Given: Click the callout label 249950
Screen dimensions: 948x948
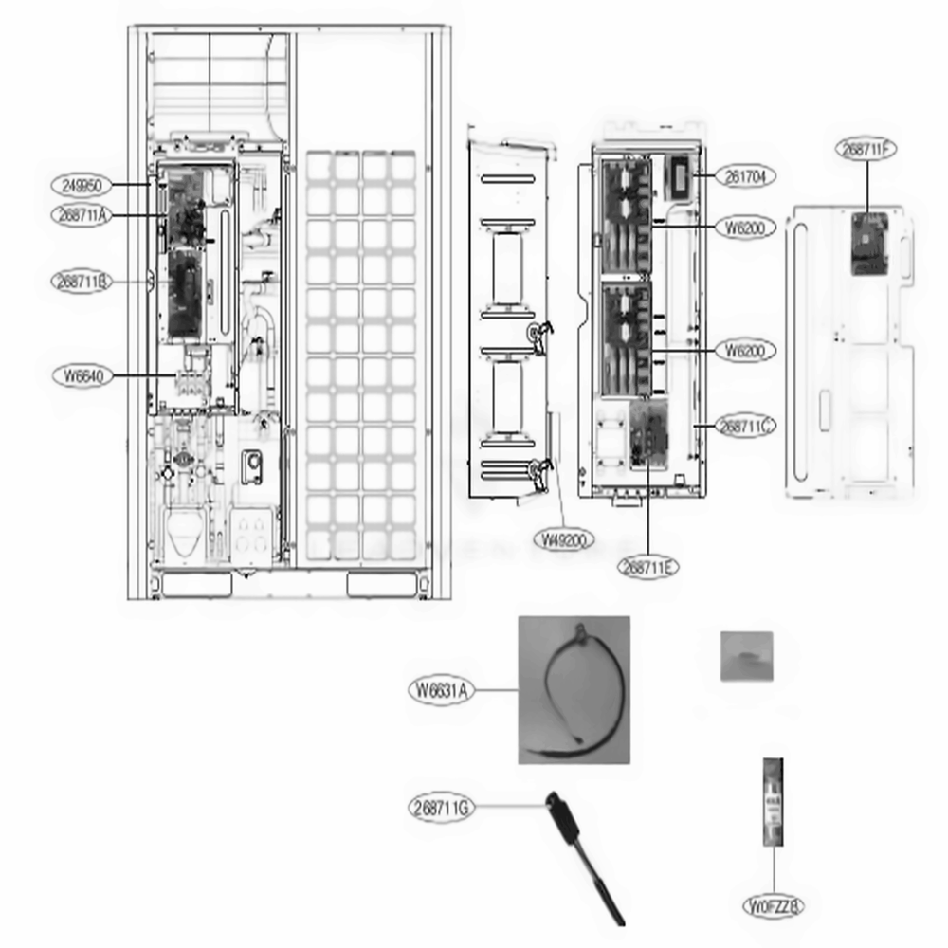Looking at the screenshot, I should pyautogui.click(x=82, y=185).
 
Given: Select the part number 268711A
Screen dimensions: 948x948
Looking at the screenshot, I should pyautogui.click(x=82, y=216).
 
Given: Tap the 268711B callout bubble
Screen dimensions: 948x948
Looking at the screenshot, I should pyautogui.click(x=82, y=282).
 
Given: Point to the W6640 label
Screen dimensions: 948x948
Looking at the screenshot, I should pyautogui.click(x=82, y=376).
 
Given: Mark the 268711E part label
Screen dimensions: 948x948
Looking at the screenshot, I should pyautogui.click(x=649, y=567).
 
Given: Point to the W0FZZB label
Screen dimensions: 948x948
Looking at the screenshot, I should pyautogui.click(x=775, y=906).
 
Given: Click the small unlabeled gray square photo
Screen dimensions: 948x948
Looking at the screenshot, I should pyautogui.click(x=747, y=656).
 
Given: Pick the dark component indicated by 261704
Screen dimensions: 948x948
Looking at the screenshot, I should pyautogui.click(x=679, y=175).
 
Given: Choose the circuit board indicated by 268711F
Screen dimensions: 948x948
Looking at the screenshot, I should pyautogui.click(x=868, y=245).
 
